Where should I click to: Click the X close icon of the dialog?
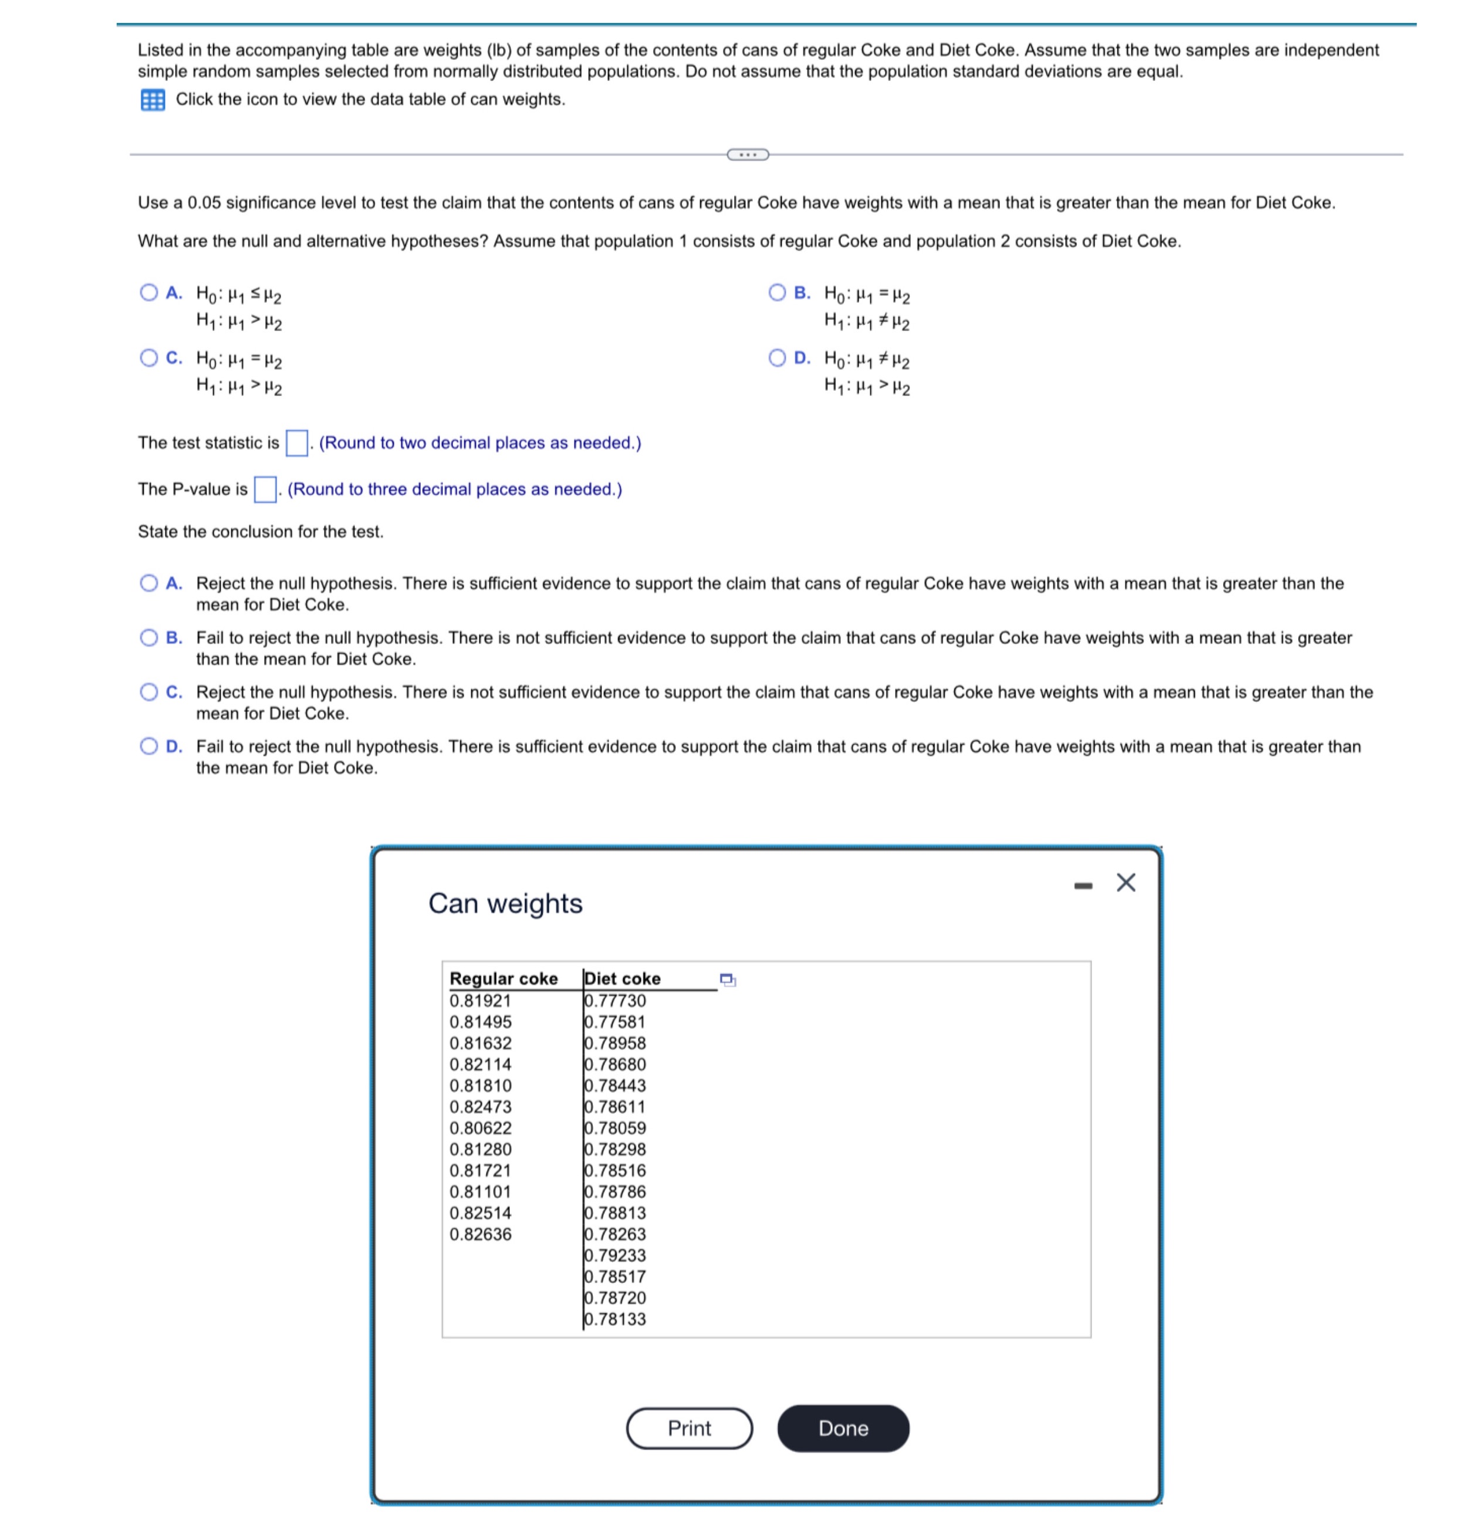(1125, 882)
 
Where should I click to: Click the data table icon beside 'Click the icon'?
(153, 100)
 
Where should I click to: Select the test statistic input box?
(296, 443)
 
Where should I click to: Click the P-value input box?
(265, 489)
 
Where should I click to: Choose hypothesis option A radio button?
(148, 293)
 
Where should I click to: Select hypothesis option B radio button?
(777, 293)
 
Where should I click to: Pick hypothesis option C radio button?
(148, 358)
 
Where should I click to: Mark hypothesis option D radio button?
(777, 358)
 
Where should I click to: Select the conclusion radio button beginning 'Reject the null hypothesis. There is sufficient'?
(148, 583)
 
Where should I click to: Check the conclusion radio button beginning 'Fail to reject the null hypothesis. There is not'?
(148, 637)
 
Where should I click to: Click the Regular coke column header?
(503, 978)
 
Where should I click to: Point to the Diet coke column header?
(622, 978)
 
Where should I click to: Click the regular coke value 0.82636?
(480, 1234)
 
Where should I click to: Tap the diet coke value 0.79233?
(615, 1255)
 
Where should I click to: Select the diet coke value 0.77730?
(615, 1000)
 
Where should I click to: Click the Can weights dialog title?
(505, 904)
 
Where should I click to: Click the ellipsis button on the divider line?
(748, 154)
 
